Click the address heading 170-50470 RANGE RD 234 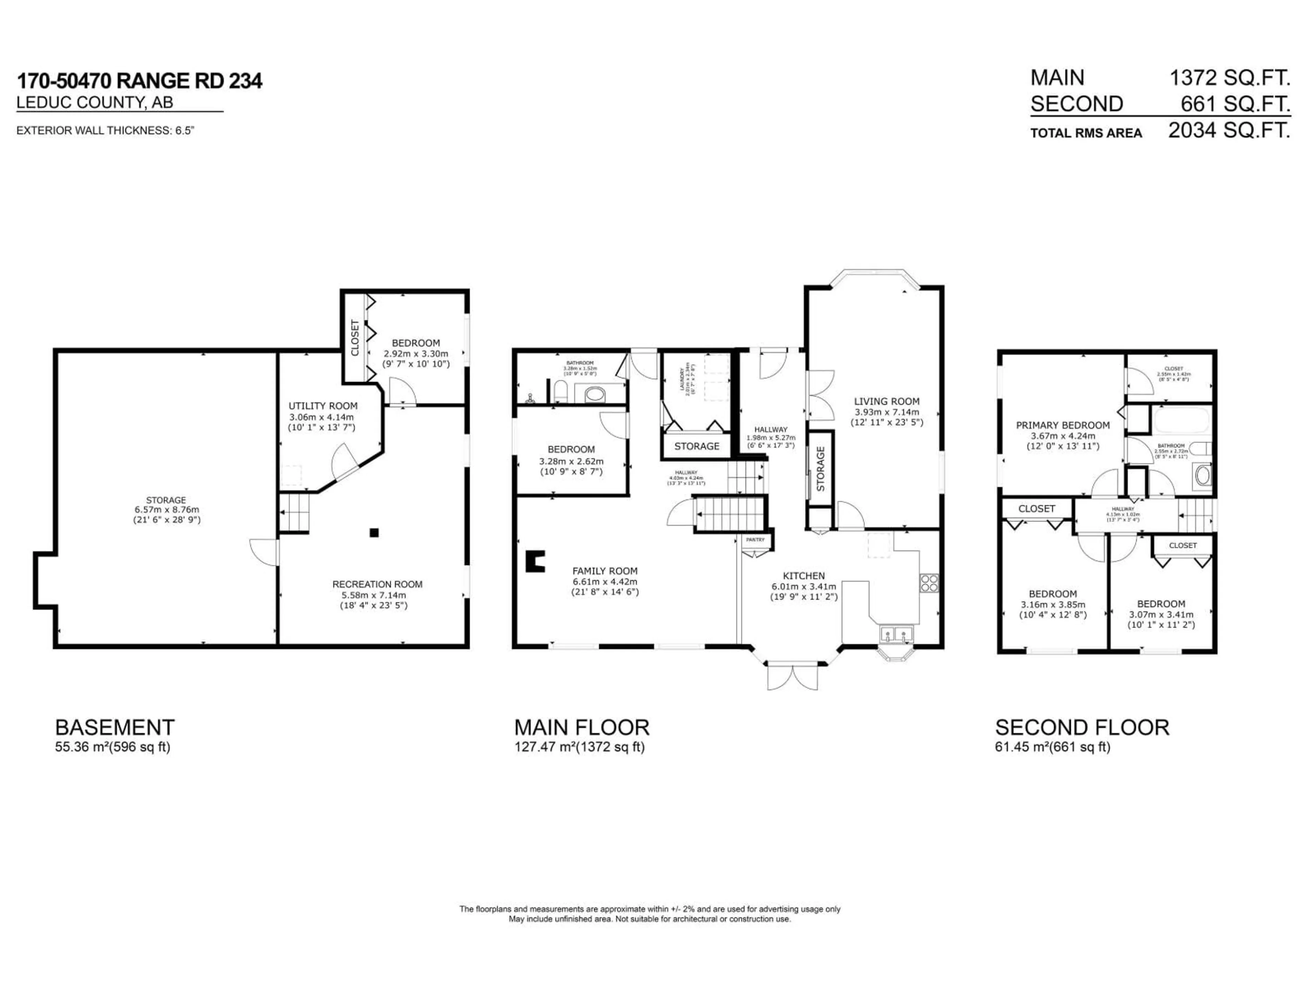pyautogui.click(x=139, y=81)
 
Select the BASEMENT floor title pyautogui.click(x=115, y=728)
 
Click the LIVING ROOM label pyautogui.click(x=887, y=402)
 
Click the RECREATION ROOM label pyautogui.click(x=377, y=585)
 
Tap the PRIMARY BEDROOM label pyautogui.click(x=1062, y=425)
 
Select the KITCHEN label pyautogui.click(x=804, y=576)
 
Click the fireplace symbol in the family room pyautogui.click(x=535, y=561)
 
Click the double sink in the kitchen pyautogui.click(x=896, y=634)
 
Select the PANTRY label pyautogui.click(x=755, y=540)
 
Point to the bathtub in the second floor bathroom pyautogui.click(x=1182, y=421)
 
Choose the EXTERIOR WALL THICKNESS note pyautogui.click(x=105, y=130)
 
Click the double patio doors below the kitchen pyautogui.click(x=792, y=677)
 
